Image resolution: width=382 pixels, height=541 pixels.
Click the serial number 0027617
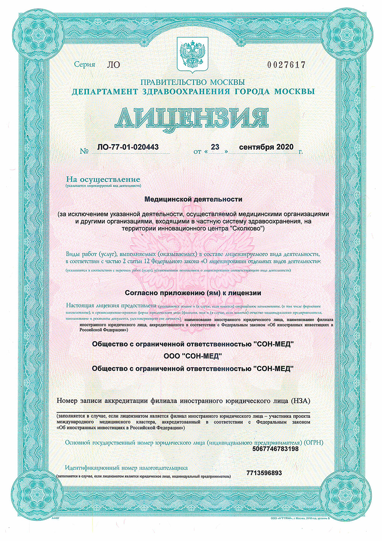click(286, 65)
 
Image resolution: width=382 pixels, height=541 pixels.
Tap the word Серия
click(84, 64)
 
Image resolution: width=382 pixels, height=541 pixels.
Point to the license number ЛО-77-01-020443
click(128, 147)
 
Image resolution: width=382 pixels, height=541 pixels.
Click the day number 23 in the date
click(215, 147)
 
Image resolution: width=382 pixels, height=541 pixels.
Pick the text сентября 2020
click(266, 147)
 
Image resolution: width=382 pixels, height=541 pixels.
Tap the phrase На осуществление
click(103, 179)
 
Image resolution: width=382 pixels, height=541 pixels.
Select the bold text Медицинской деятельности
click(193, 199)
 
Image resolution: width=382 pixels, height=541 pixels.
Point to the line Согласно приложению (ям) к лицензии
click(193, 293)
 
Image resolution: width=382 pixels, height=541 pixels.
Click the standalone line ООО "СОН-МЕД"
click(193, 356)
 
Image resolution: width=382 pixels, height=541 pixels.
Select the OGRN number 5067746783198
click(275, 449)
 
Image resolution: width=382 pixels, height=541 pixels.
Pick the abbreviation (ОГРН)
click(313, 443)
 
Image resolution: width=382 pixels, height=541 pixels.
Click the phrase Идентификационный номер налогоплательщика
click(126, 468)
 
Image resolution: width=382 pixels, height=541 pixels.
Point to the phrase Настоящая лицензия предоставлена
click(111, 306)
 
